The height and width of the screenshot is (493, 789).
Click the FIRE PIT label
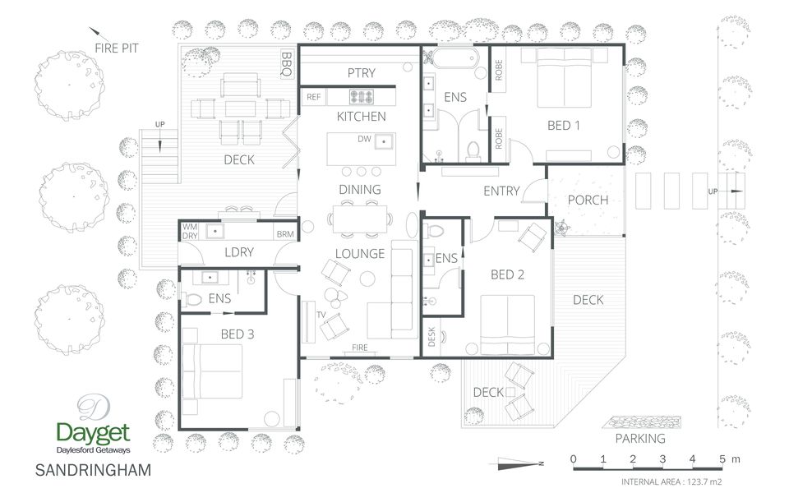coord(116,48)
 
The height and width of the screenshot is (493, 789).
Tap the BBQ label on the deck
coord(286,64)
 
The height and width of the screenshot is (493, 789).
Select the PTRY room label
coord(362,73)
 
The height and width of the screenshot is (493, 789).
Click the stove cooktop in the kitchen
coord(362,96)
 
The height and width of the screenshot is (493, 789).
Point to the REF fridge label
coord(313,97)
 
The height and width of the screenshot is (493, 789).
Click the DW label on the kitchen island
coord(364,139)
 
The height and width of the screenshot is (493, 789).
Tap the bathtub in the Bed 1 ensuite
coord(454,58)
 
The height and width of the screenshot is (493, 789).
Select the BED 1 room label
coord(564,125)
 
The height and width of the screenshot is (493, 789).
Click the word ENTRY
coord(501,191)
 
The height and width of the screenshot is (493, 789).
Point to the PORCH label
coord(588,200)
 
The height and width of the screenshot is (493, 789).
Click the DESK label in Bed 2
coord(431,337)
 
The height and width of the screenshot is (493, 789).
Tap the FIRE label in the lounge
coord(360,348)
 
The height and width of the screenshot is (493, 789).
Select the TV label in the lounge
coord(321,315)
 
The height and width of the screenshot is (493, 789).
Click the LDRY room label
coord(239,252)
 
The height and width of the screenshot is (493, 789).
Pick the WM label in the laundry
coord(190,227)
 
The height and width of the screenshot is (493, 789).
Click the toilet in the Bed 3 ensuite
coord(192,300)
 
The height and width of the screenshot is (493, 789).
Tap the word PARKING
coord(640,439)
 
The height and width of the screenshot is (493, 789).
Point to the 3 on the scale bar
coord(662,458)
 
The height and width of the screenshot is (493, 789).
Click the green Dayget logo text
coord(93,433)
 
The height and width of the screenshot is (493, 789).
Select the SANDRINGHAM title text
coord(93,470)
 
